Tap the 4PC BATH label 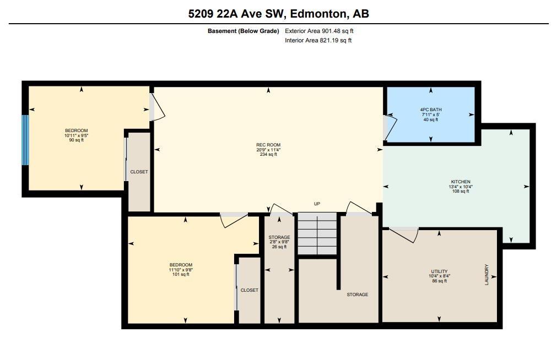tap(430, 110)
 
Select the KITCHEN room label tap(460, 182)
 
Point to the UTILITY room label tap(439, 271)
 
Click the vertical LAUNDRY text tap(486, 275)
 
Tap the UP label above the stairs tap(317, 204)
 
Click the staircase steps tap(317, 234)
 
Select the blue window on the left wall tap(25, 140)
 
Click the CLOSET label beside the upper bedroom tap(139, 172)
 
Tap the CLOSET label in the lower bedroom tap(249, 290)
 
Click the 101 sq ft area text tap(181, 274)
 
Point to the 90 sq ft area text tap(76, 140)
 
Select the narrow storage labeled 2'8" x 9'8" tap(279, 242)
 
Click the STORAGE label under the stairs tap(357, 294)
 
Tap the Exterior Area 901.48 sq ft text tap(319, 31)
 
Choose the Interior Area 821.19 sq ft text tap(318, 40)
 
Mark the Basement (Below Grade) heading tap(243, 31)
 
